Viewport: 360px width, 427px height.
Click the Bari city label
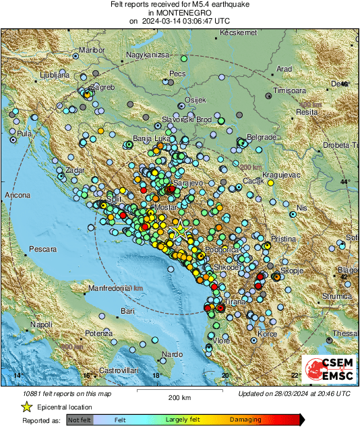(x=127, y=311)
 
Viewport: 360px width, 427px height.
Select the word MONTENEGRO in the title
(x=179, y=13)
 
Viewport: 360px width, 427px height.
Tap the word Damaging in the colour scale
(x=245, y=420)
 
